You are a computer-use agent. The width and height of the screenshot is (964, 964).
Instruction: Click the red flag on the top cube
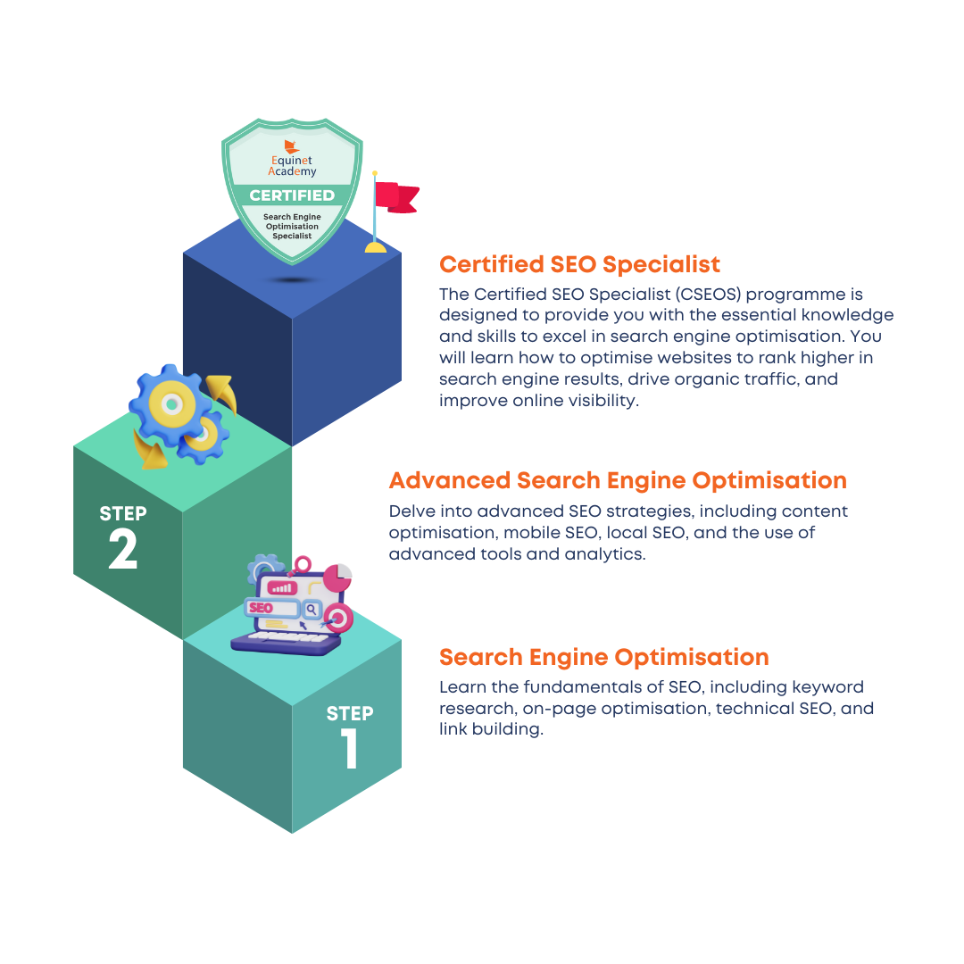[396, 197]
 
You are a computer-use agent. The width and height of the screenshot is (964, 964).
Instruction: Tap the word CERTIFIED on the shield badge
[292, 195]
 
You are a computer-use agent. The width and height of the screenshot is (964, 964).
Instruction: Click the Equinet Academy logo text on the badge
[292, 165]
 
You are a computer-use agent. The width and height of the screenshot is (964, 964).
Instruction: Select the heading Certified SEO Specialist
[579, 264]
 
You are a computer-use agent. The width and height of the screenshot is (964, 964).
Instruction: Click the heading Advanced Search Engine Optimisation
[618, 480]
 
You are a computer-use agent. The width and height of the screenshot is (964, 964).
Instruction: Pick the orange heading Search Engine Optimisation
[603, 657]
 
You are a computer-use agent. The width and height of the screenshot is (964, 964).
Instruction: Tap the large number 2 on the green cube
[123, 548]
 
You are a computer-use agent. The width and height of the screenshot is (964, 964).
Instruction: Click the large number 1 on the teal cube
[349, 748]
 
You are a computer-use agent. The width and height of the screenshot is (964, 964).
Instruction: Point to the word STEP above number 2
[123, 513]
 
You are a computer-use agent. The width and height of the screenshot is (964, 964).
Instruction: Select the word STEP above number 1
[350, 713]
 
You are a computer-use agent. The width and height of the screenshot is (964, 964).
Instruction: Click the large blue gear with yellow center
[170, 404]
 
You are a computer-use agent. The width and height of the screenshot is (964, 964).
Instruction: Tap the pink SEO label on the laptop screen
[261, 608]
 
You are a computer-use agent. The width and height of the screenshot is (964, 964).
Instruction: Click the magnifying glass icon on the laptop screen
[312, 610]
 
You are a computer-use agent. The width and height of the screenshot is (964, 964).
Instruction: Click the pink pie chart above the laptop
[337, 578]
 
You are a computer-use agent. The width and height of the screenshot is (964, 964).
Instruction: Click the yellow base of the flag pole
[376, 247]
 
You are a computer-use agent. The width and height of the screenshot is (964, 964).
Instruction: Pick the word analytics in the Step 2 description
[605, 554]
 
